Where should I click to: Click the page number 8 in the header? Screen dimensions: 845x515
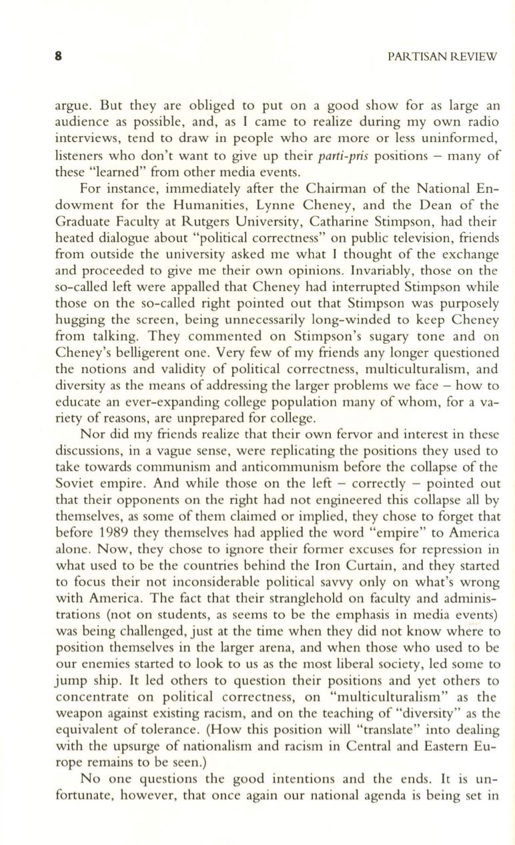(58, 57)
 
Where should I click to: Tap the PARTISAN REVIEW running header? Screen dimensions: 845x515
(442, 57)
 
